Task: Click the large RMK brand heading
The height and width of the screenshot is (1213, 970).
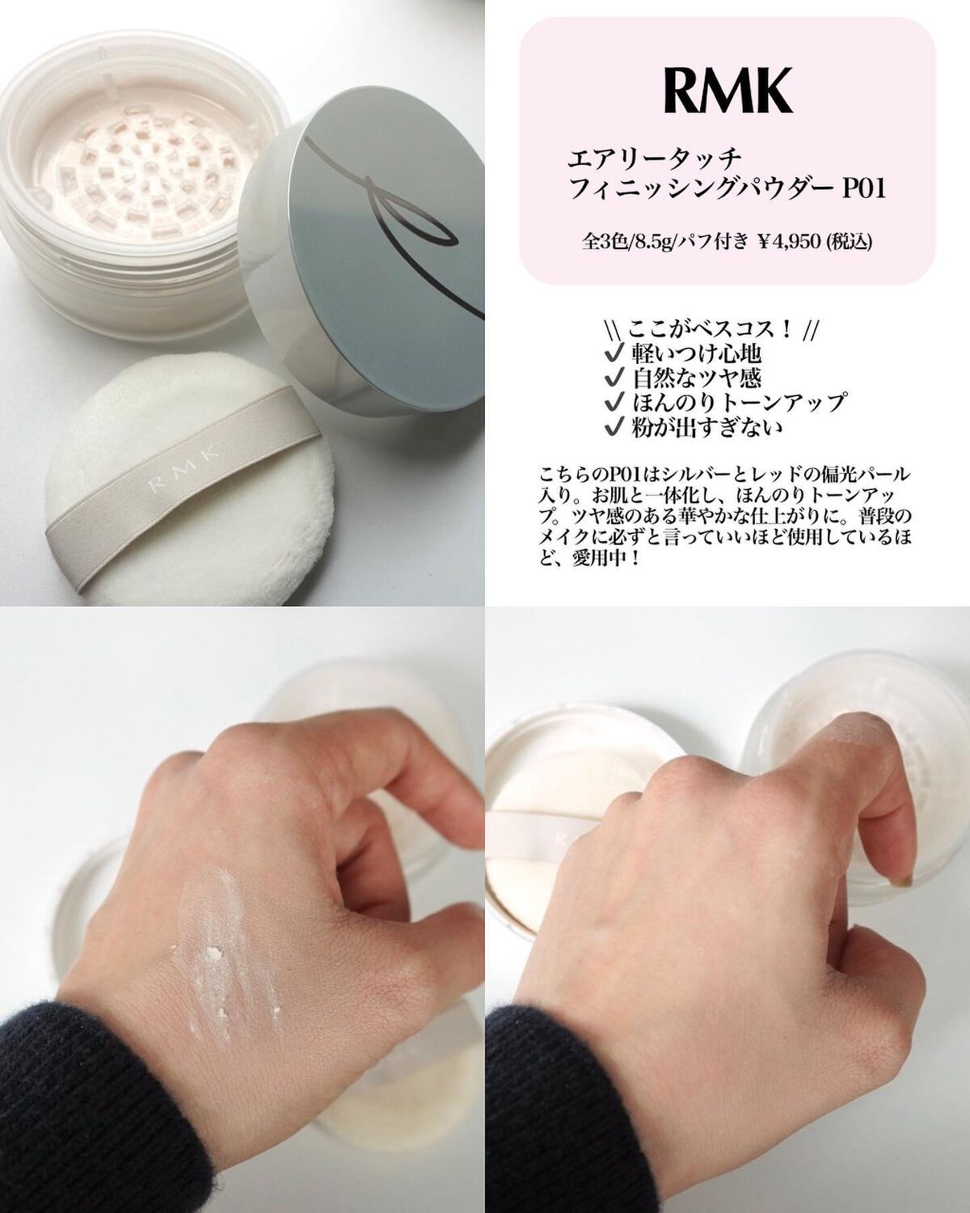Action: [x=727, y=91]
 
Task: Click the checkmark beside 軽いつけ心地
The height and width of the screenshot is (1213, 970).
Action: [x=612, y=353]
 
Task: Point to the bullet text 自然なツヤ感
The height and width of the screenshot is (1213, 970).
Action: [x=697, y=378]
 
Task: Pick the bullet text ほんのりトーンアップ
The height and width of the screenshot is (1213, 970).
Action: [x=739, y=402]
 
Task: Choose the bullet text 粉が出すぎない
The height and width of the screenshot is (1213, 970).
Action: [x=707, y=427]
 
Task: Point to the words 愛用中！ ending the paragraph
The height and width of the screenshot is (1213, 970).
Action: [x=602, y=561]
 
